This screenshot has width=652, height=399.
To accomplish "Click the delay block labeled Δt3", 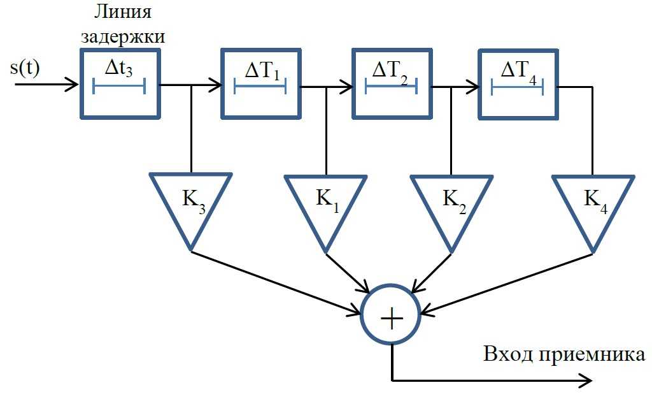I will point(119,83).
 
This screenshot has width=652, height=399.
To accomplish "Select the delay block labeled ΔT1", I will point(260,83).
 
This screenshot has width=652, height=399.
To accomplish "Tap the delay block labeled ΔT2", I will point(391,83).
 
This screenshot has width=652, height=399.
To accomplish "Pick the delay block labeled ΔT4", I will point(517,83).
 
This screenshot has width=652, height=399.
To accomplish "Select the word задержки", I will point(124,36).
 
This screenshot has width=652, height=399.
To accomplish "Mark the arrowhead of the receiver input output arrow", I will point(586,381).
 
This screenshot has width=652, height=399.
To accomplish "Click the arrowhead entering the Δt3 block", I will point(73,84).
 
